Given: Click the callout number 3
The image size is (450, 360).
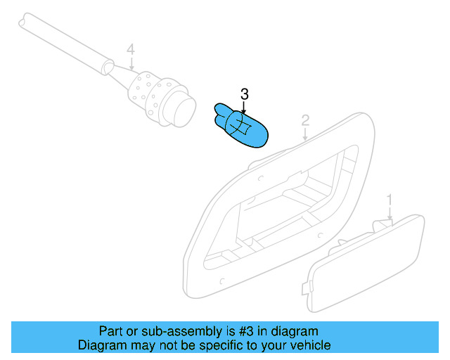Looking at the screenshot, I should [x=245, y=94].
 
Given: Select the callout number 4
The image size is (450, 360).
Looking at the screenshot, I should [x=130, y=49].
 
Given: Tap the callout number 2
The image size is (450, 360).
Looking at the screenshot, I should [x=305, y=120].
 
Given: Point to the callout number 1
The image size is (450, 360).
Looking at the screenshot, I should [x=390, y=201].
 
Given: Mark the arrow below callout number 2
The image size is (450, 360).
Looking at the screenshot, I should [x=305, y=135].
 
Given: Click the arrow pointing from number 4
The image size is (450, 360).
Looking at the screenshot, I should [x=131, y=63].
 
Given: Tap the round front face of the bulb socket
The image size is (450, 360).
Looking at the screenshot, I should [x=183, y=111].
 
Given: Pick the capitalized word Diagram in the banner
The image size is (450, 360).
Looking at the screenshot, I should [x=101, y=345].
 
